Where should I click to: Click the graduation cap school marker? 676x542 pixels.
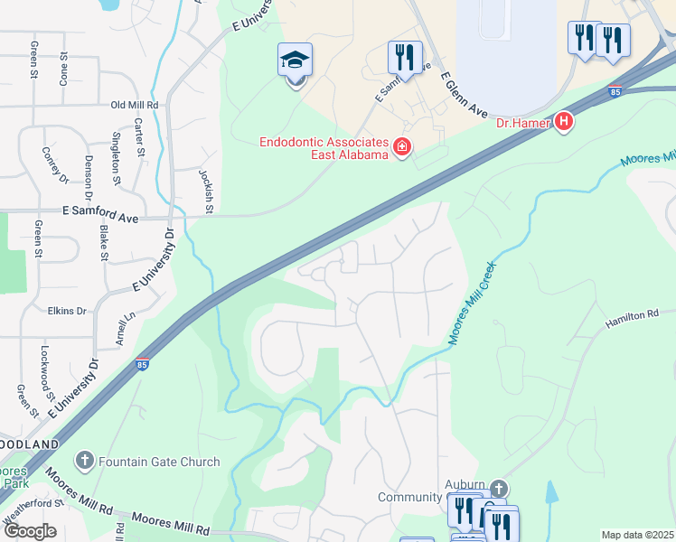pyautogui.click(x=296, y=61)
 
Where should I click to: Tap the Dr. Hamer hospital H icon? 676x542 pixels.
pyautogui.click(x=564, y=120)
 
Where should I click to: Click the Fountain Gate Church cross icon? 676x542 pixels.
pyautogui.click(x=84, y=462)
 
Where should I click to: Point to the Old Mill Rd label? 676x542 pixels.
pyautogui.click(x=135, y=105)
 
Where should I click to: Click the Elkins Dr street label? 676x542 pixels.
pyautogui.click(x=68, y=311)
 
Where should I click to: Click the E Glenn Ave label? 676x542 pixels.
pyautogui.click(x=465, y=96)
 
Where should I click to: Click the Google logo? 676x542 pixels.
pyautogui.click(x=29, y=531)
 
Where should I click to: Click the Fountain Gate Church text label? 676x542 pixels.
pyautogui.click(x=160, y=462)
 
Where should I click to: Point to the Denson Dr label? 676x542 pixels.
pyautogui.click(x=89, y=177)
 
